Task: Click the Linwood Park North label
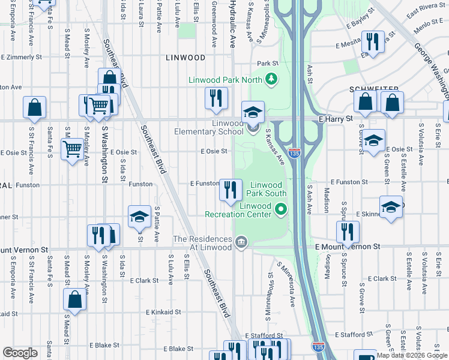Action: (225, 80)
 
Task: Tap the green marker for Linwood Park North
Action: (271, 78)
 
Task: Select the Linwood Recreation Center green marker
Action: (280, 209)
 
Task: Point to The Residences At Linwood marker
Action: (241, 242)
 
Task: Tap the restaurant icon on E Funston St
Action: (231, 191)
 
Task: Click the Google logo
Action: (20, 353)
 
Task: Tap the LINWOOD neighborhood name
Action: (186, 58)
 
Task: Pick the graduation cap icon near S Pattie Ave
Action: (139, 217)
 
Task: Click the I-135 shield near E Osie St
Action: (294, 154)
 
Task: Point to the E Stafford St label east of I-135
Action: (354, 334)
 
